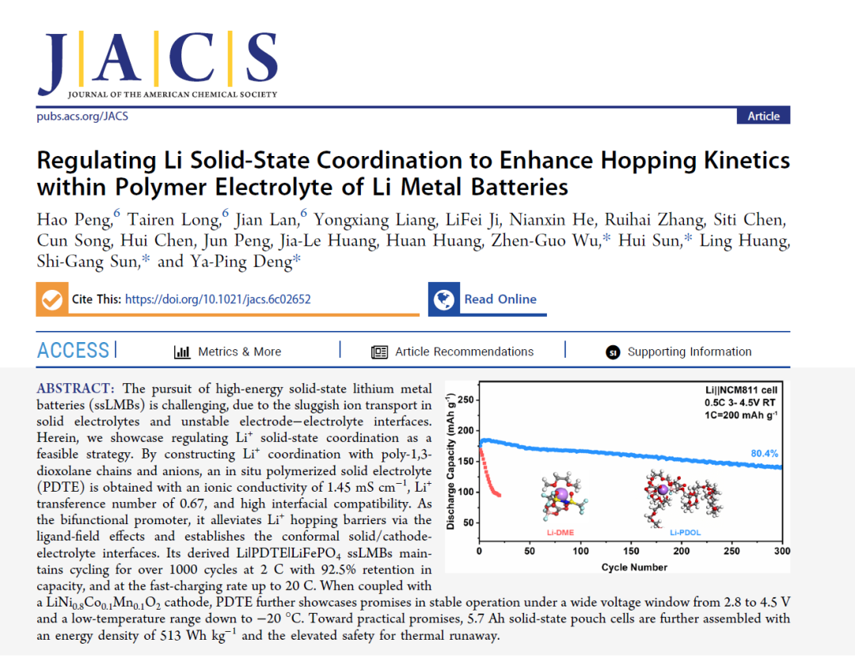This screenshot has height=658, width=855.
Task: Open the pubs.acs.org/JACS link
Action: (82, 116)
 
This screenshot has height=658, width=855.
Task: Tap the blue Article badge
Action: (763, 116)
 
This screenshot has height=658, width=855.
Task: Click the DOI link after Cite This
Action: (218, 299)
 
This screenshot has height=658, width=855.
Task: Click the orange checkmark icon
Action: (52, 299)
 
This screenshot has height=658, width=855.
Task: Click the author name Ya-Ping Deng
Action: (241, 261)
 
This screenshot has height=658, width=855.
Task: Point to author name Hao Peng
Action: (74, 219)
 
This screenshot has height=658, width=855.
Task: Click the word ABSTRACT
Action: (73, 389)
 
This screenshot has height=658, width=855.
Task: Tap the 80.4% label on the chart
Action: (764, 454)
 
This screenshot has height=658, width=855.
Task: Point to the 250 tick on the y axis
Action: (465, 400)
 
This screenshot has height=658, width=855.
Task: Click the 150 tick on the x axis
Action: (631, 551)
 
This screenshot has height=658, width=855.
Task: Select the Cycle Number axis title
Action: (634, 568)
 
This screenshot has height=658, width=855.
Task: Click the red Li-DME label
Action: (560, 533)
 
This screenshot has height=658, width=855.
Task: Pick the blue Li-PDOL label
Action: (685, 533)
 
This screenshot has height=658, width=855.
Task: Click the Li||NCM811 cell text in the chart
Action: (741, 390)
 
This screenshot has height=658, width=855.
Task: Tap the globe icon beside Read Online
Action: (444, 299)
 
